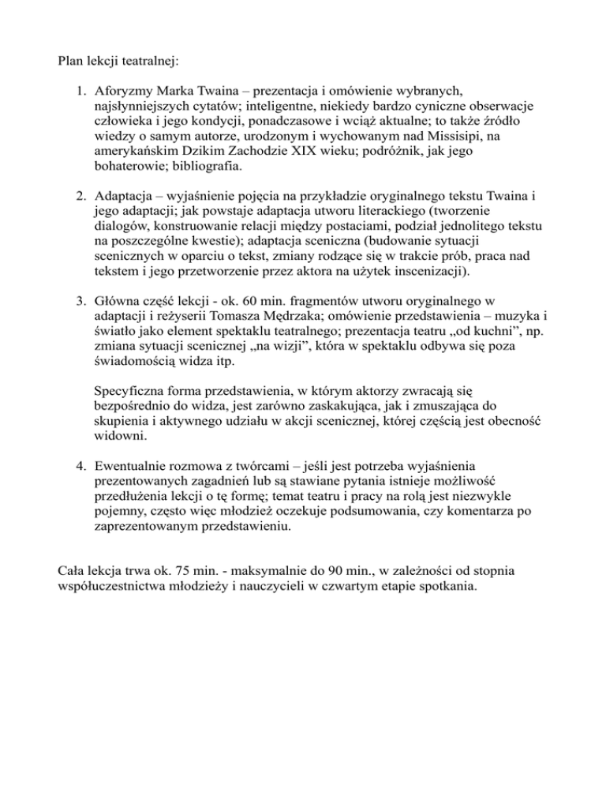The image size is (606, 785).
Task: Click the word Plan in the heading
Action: tap(72, 58)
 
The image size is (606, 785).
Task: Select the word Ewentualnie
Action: tap(130, 467)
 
